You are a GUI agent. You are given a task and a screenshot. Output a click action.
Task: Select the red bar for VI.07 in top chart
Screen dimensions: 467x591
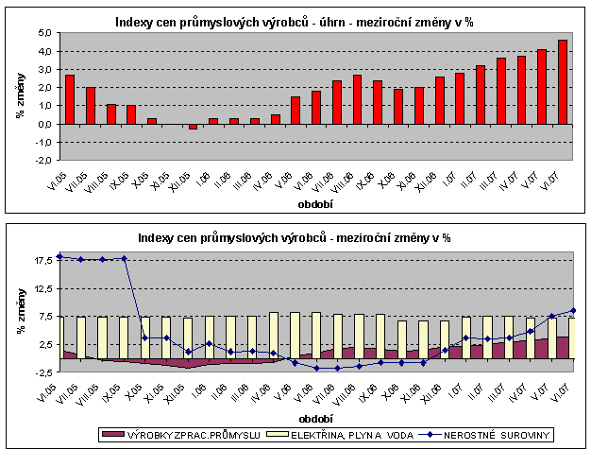coord(563,81)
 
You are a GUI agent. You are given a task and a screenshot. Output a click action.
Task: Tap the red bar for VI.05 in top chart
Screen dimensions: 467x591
coord(70,98)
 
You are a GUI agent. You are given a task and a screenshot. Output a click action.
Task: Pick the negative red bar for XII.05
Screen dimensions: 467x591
coord(193,126)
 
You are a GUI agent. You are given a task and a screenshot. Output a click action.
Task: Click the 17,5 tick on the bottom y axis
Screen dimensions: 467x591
coord(40,261)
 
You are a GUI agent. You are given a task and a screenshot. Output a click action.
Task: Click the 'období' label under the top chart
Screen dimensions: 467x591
coord(312,202)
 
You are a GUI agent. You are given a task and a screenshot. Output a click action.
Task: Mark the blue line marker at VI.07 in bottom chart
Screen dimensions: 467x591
coord(573,311)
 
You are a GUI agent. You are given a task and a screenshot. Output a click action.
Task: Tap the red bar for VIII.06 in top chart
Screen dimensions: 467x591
coord(357,99)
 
